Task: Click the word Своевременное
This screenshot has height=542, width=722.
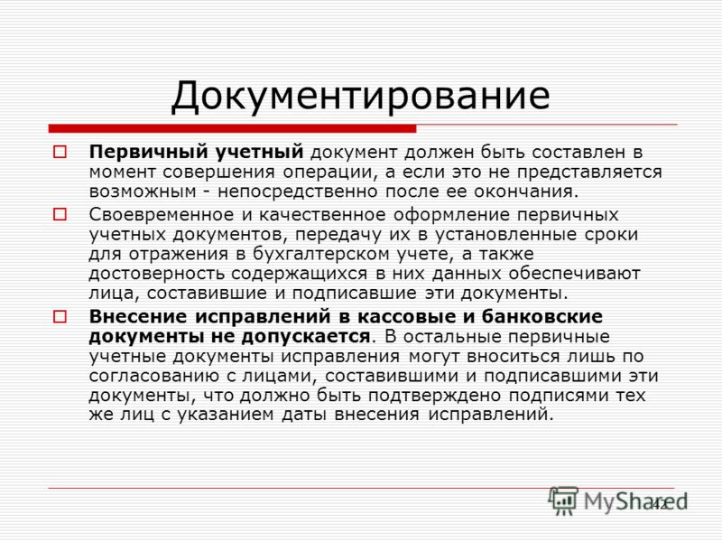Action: coord(162,215)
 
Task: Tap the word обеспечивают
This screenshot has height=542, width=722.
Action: coord(575,274)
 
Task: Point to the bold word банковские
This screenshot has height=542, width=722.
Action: coord(542,317)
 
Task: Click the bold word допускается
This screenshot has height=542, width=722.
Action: coord(306,337)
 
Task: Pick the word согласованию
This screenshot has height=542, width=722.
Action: coord(153,376)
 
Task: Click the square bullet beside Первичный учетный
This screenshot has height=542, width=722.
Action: coord(60,152)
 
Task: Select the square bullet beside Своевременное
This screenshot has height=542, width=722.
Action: coord(60,215)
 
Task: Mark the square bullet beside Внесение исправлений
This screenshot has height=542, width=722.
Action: coord(60,317)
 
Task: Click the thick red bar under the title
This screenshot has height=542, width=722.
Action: coord(232,128)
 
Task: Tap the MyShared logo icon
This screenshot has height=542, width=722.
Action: coord(562,500)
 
